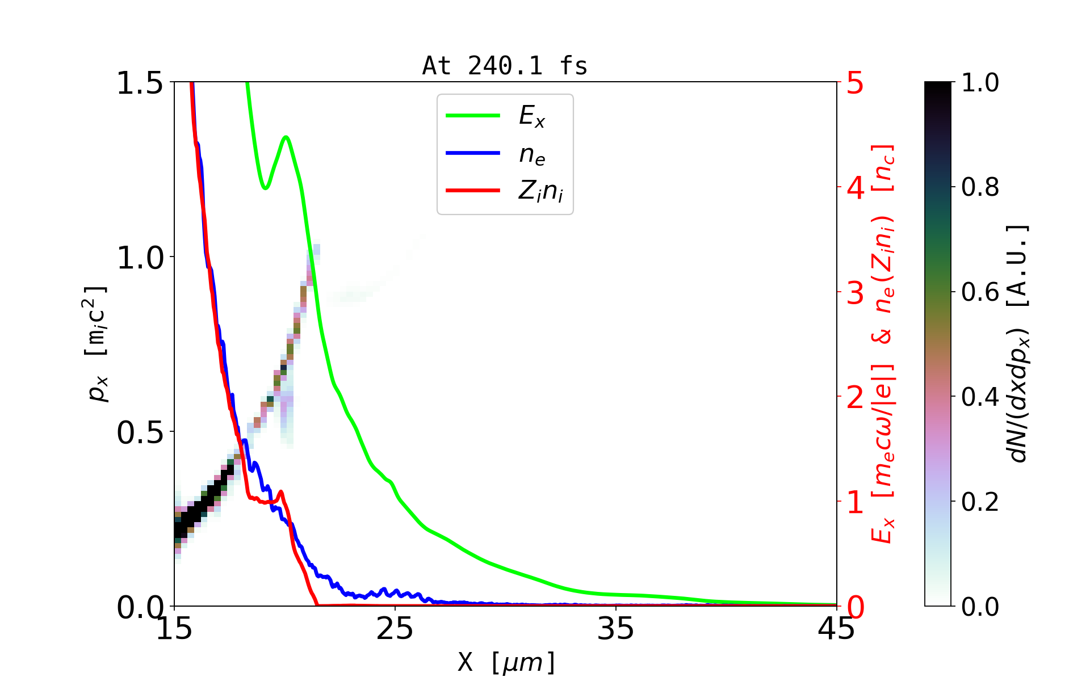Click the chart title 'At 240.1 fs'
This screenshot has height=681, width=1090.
(x=505, y=66)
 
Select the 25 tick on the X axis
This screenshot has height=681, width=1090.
(x=395, y=629)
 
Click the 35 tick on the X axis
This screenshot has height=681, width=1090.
(x=616, y=629)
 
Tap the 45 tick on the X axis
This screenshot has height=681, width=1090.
(x=836, y=629)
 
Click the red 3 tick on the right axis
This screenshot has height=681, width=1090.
(x=855, y=293)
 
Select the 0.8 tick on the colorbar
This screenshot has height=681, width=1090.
(x=980, y=187)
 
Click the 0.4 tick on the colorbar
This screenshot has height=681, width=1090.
(x=980, y=397)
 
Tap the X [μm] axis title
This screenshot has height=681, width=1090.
(x=506, y=662)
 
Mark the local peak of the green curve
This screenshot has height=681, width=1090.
(x=286, y=137)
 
